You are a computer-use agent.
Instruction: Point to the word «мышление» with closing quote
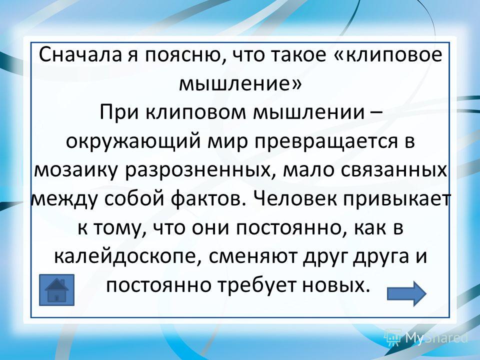point(240,84)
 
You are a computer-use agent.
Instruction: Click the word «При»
point(119,112)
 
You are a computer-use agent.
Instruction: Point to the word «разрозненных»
point(199,171)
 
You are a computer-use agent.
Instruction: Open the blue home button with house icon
point(56,290)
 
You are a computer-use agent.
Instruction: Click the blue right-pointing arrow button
point(406,293)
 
